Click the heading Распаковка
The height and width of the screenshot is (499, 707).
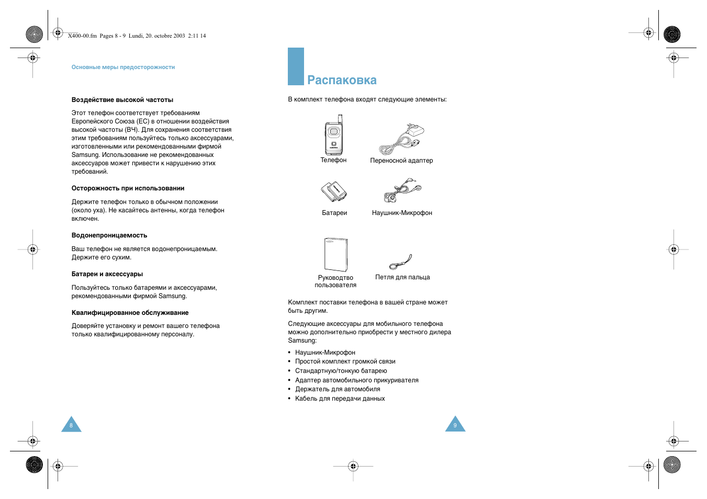(x=342, y=80)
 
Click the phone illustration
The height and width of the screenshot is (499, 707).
(x=333, y=135)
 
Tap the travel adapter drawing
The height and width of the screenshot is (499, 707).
(x=401, y=139)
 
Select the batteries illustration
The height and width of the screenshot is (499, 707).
(x=334, y=191)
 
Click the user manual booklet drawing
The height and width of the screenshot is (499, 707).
(x=335, y=254)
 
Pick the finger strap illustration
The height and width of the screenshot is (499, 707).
(x=401, y=262)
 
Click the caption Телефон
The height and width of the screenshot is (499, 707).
(x=333, y=160)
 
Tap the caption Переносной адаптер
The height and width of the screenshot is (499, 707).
(x=401, y=161)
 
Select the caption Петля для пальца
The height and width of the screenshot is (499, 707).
(x=402, y=277)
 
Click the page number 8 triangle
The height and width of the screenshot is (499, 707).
(x=71, y=425)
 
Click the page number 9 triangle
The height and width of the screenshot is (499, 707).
(x=455, y=425)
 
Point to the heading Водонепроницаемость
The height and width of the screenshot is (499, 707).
(x=109, y=235)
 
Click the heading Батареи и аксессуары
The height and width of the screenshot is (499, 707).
(x=107, y=274)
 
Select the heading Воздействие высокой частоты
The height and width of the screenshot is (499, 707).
(x=122, y=100)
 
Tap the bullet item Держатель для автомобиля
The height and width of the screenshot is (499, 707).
(x=338, y=389)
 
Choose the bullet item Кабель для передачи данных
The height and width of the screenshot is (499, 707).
(x=340, y=399)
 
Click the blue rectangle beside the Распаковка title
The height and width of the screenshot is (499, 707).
(x=296, y=66)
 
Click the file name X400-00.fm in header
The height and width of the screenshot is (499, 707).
(x=82, y=36)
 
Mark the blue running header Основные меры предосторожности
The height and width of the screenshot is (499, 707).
(x=123, y=67)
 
